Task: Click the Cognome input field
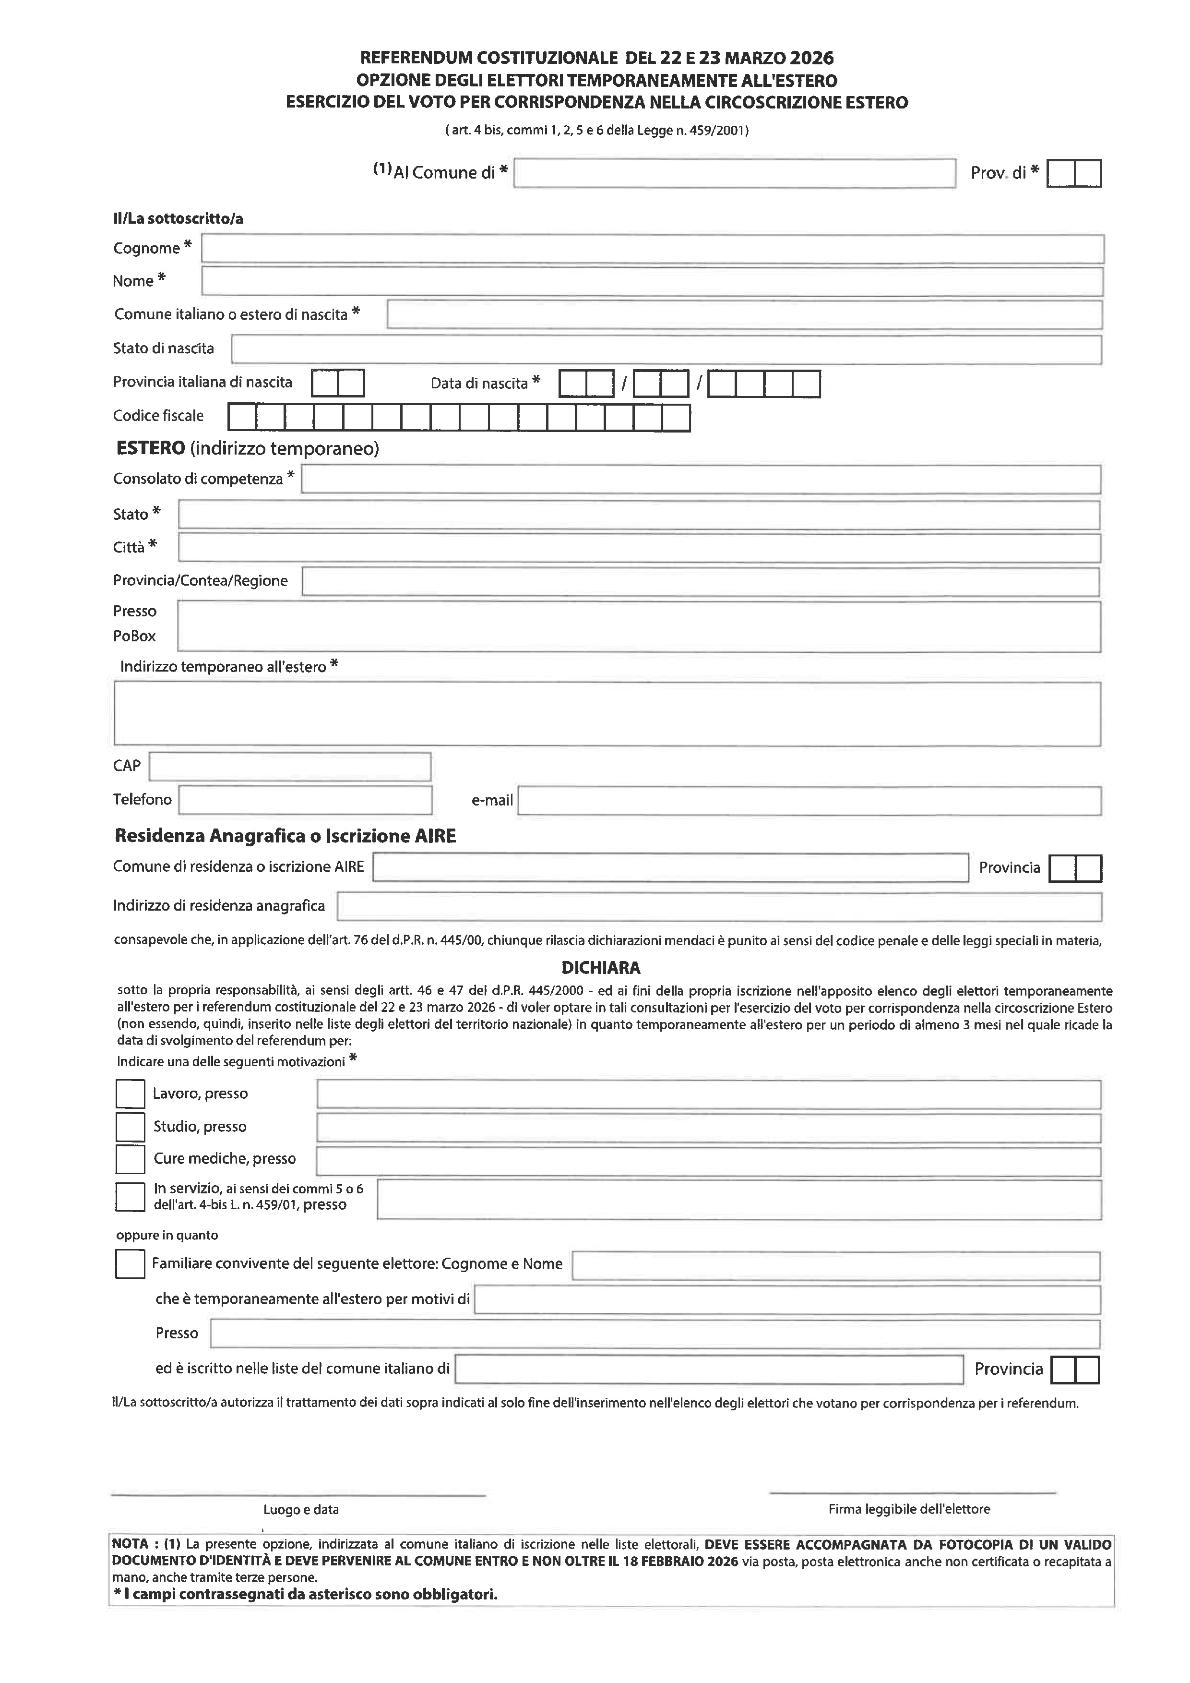[652, 249]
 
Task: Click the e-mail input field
[809, 800]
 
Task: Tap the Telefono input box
[305, 800]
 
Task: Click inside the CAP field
[289, 767]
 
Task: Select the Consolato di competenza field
[701, 480]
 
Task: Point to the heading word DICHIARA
[601, 968]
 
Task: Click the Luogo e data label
[301, 1510]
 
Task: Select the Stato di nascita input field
[666, 349]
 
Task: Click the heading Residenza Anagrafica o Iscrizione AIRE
[285, 836]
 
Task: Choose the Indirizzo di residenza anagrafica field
[719, 907]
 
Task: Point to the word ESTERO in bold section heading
[150, 448]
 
